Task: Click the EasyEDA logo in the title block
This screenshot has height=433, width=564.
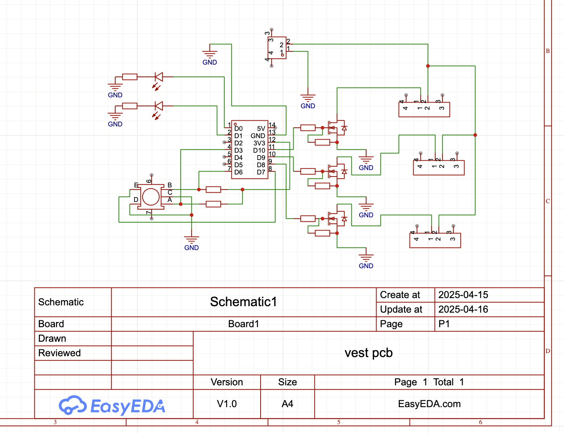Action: (112, 406)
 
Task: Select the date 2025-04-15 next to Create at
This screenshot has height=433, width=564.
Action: (463, 295)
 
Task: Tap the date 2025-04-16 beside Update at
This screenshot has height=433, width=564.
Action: (463, 309)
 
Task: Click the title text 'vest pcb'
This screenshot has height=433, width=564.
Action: (368, 353)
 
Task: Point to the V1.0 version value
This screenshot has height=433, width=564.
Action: (227, 404)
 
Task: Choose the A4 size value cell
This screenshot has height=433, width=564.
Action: (287, 404)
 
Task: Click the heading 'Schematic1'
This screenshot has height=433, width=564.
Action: (243, 302)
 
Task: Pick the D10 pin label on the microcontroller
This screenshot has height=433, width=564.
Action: (259, 151)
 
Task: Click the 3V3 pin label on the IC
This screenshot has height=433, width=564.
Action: (259, 143)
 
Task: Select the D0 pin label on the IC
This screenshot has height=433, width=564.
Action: (238, 129)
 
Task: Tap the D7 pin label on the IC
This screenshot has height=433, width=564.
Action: (261, 172)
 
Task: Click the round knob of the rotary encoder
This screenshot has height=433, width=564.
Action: (151, 197)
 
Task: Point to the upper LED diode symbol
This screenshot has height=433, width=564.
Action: (159, 77)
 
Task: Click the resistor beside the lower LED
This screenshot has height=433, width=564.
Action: (130, 106)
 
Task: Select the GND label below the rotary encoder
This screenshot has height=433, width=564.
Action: (192, 248)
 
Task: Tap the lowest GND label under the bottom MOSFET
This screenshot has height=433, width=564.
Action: (366, 266)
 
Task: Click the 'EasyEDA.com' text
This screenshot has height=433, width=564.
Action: (429, 404)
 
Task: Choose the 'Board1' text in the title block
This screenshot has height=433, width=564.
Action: (243, 324)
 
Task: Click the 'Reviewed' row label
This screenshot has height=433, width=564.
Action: (59, 353)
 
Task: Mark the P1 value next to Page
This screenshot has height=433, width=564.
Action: (444, 324)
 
